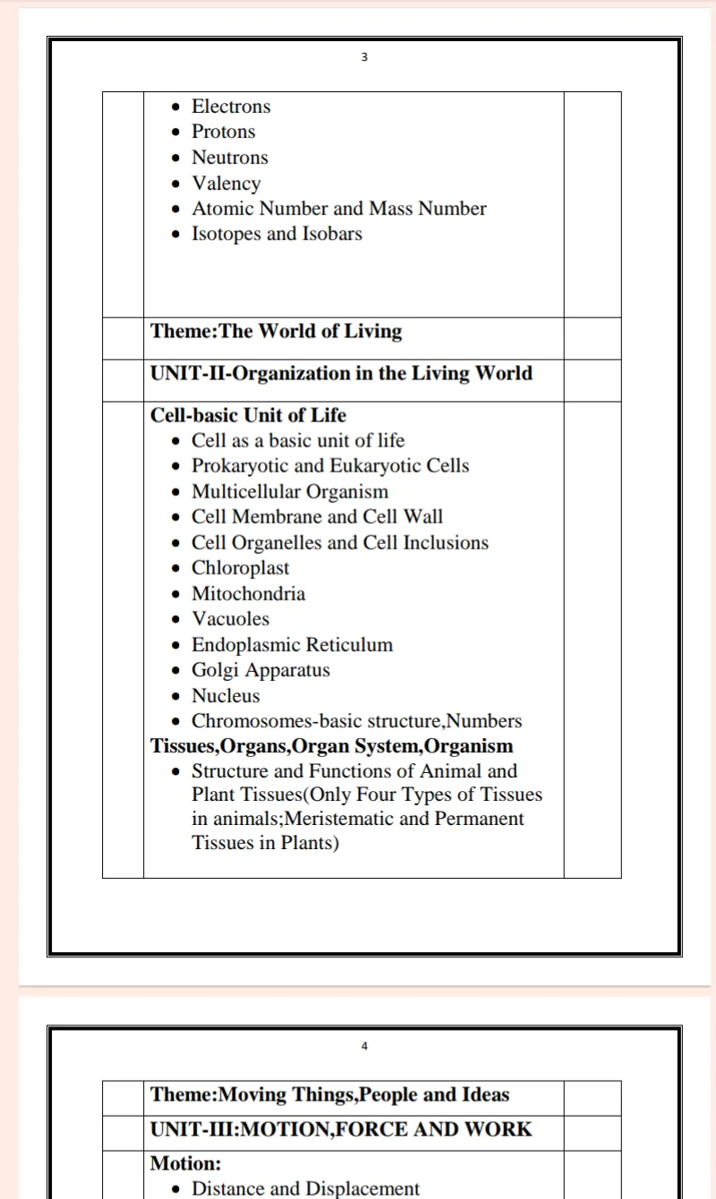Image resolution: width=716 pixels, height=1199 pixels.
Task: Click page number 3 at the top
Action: coord(363,57)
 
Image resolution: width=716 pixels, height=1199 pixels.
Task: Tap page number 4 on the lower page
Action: coord(364,1046)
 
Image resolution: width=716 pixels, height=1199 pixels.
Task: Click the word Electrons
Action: coord(231,106)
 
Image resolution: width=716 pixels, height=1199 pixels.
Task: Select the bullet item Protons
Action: coord(224,132)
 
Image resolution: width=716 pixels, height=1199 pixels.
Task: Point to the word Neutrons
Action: coord(230,157)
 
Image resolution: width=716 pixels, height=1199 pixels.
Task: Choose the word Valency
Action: coord(226,183)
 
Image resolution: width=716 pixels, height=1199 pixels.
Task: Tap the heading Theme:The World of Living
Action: coord(276,331)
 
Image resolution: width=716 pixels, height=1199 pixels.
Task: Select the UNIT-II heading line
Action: coord(341,373)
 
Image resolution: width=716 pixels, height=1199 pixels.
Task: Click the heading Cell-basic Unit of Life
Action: coord(248,415)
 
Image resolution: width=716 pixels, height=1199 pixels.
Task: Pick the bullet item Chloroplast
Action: coord(241,568)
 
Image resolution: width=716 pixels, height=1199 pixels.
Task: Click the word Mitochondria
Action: coord(249,593)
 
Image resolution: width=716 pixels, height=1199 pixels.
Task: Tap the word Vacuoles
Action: coord(231,619)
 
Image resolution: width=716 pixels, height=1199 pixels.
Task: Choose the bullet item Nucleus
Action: coord(226,695)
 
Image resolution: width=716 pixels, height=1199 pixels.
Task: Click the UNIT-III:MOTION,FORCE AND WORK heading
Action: coord(341,1129)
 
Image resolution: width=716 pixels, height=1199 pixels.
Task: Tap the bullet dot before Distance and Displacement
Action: coord(178,1189)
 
